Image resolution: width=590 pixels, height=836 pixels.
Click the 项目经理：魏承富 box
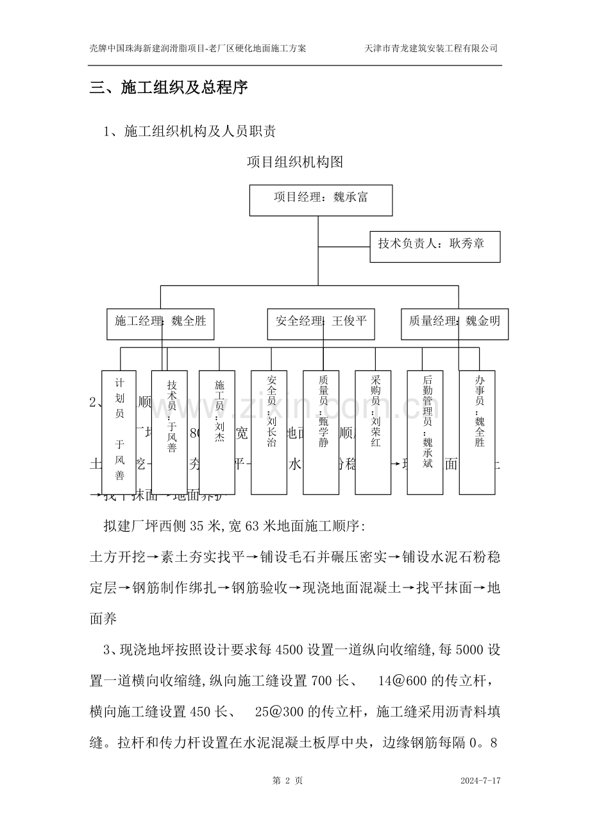coord(321,199)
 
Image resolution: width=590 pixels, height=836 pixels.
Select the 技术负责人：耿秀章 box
coord(435,247)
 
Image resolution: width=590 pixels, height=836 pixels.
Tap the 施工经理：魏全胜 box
coord(160,324)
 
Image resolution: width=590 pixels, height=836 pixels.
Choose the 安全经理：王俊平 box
coord(321,324)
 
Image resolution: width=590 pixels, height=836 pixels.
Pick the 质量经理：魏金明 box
coord(455,324)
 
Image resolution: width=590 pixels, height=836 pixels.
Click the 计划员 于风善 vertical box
coord(119,432)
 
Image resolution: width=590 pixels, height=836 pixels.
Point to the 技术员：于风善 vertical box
coord(170,432)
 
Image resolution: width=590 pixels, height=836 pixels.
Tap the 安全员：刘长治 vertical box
coord(269,432)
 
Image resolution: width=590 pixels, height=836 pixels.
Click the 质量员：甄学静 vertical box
coord(321,432)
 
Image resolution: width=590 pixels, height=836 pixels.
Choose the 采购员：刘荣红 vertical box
coord(373,432)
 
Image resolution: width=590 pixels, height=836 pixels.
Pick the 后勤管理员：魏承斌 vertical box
coord(425,432)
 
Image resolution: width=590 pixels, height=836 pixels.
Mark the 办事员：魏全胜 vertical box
coord(477,432)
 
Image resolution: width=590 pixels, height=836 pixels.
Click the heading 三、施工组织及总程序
coord(169,88)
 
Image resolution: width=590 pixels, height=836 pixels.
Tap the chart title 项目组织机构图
coord(295,162)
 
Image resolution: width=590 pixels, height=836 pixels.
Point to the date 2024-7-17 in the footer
coord(480,781)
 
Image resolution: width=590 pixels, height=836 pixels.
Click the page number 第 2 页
coord(288,781)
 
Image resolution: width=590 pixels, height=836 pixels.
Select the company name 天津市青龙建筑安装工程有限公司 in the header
coord(431,48)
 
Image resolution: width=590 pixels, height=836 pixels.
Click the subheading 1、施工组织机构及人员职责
coord(190,132)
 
